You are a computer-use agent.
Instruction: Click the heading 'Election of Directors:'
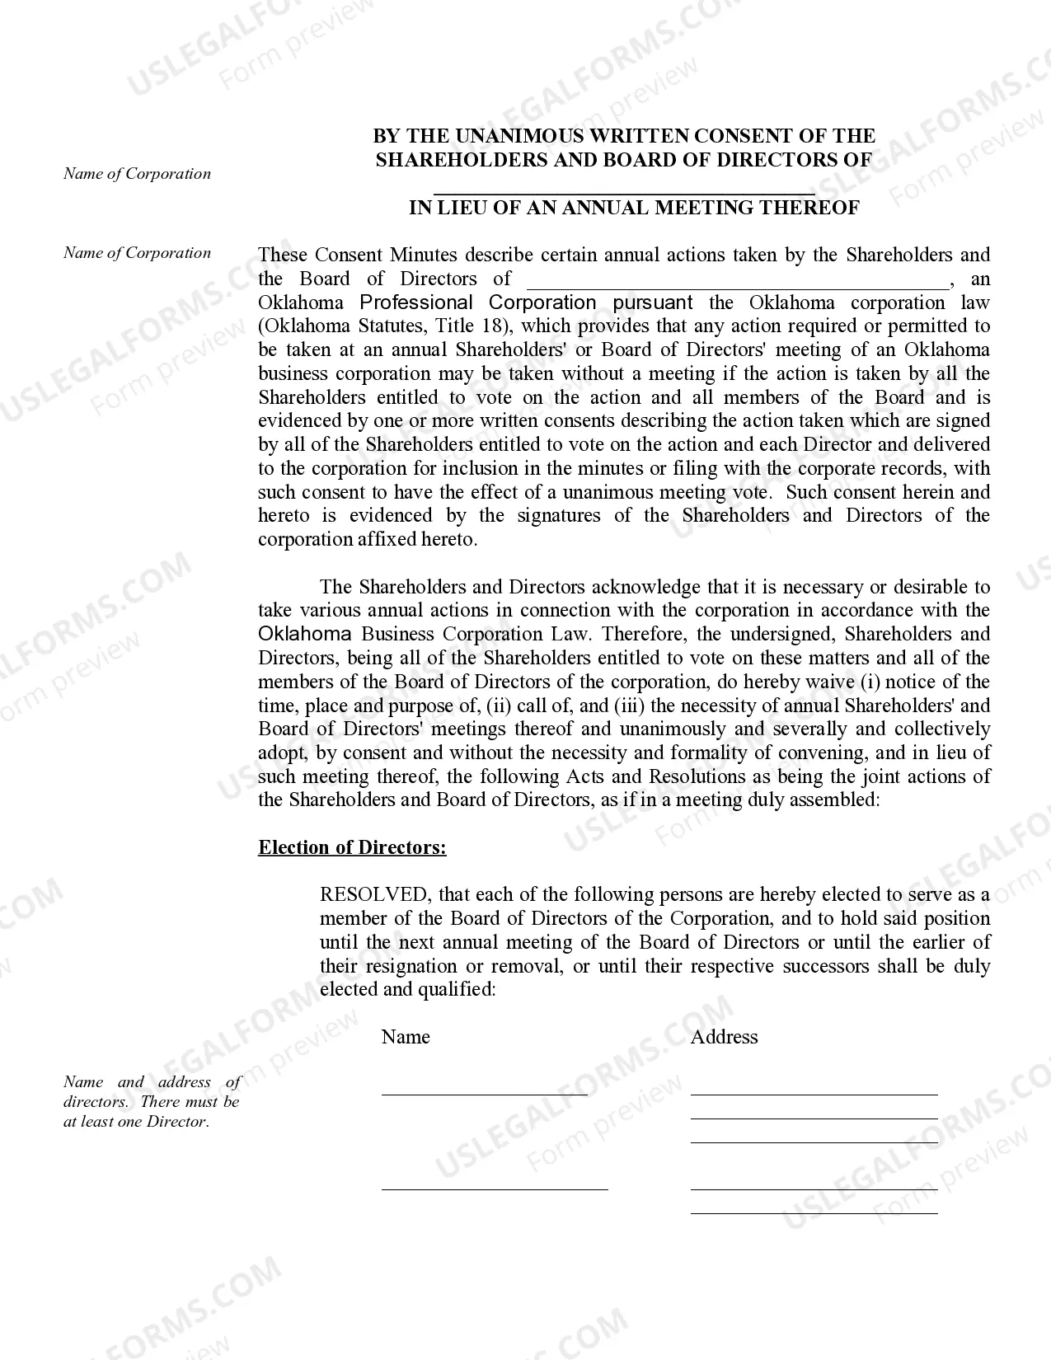pos(352,847)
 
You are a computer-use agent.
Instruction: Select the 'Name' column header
pos(406,1037)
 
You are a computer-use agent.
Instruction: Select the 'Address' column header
pos(724,1037)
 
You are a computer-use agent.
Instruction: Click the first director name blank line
pos(485,1094)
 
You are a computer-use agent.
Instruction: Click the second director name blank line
pos(495,1189)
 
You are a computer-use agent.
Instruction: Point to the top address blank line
pos(814,1094)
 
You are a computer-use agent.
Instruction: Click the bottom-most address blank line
pos(814,1212)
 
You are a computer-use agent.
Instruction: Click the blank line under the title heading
pos(624,193)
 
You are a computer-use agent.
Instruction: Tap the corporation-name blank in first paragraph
pos(737,285)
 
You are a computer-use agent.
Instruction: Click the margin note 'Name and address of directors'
pos(152,1101)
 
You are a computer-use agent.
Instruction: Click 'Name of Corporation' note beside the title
pos(137,174)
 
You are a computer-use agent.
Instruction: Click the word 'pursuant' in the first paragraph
pos(653,302)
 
